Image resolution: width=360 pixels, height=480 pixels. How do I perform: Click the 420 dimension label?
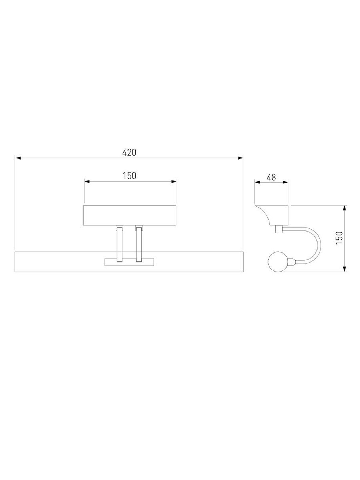point(129,152)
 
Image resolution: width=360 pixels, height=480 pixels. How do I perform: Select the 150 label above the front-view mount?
point(130,176)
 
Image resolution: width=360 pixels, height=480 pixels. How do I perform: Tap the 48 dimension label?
point(271,177)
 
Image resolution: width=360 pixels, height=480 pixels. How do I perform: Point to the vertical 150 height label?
point(339,238)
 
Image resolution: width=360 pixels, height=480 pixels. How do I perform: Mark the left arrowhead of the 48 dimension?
point(257,182)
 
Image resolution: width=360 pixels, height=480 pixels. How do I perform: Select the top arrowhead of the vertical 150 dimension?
point(345,208)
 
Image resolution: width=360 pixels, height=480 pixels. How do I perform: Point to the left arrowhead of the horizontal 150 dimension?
point(86,181)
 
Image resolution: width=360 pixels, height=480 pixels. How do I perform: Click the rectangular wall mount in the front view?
point(130,216)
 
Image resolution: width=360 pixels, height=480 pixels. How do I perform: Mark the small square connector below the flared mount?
point(278,229)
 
